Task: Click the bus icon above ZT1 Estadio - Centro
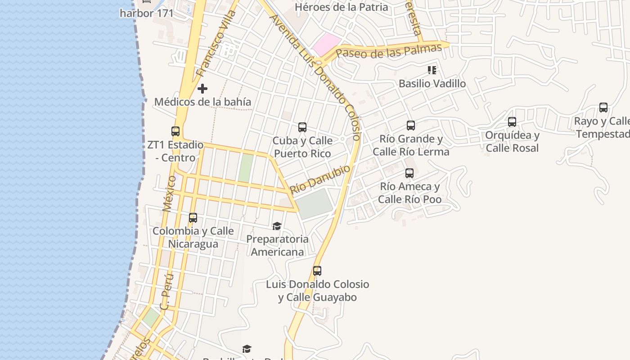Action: [175, 131]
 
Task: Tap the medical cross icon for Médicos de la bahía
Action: [202, 89]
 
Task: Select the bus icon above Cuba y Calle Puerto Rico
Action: [302, 127]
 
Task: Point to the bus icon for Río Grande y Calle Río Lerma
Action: [410, 126]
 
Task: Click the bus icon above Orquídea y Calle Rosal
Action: [512, 122]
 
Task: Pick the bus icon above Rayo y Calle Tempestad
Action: [603, 108]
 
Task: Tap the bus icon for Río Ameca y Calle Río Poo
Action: [409, 173]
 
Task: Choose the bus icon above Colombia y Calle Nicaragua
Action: [193, 218]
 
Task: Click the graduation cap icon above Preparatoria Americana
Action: [277, 226]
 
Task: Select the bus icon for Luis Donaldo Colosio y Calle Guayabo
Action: [317, 271]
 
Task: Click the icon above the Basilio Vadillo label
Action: [432, 70]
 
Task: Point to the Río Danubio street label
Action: [320, 179]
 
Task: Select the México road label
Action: [169, 193]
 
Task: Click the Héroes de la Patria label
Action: [341, 7]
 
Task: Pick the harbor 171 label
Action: [146, 13]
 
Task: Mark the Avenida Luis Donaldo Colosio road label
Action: [315, 76]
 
